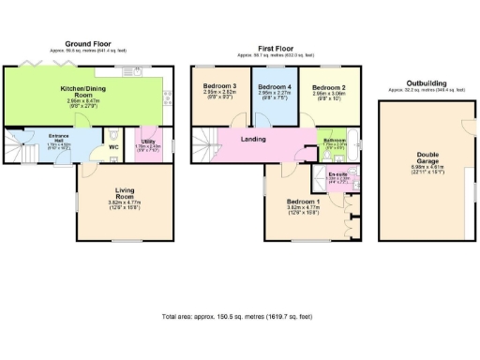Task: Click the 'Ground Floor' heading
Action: [91, 43]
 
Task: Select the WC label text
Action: [112, 146]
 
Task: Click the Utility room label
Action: [148, 142]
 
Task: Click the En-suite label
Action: [338, 175]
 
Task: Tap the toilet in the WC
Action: [114, 133]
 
